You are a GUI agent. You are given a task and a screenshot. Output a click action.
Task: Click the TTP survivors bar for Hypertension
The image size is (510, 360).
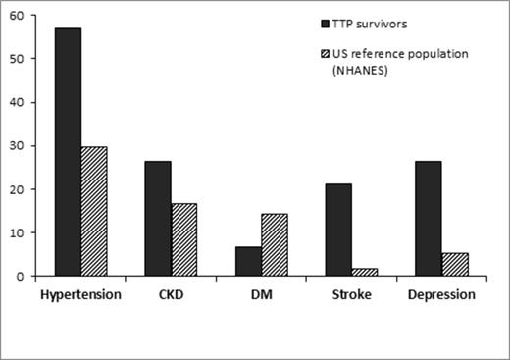pos(69,152)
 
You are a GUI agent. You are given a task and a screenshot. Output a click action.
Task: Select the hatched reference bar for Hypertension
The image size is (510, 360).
pos(95,211)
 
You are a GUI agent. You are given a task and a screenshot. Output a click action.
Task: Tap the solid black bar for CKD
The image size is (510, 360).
pos(157,218)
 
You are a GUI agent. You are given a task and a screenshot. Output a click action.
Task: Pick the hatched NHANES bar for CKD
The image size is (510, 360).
pos(183,239)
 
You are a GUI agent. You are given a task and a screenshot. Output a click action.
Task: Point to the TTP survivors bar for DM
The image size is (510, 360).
pos(248,261)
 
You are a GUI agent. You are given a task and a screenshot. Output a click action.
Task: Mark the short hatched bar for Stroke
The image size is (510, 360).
pos(364,272)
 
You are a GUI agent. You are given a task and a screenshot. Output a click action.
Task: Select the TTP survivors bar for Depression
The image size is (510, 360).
pos(429,218)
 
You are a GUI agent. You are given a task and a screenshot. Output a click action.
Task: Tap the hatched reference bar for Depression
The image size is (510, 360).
pos(454,265)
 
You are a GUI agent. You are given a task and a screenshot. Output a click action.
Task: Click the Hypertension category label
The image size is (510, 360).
pos(81,295)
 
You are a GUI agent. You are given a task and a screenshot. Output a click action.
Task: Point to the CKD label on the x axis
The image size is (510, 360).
pos(171,295)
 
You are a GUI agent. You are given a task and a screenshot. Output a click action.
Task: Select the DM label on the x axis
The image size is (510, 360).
pos(261,295)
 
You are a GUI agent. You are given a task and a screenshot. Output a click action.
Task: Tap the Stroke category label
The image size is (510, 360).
pos(351,295)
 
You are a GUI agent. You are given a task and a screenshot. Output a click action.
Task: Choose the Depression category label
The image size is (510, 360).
pos(441,295)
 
